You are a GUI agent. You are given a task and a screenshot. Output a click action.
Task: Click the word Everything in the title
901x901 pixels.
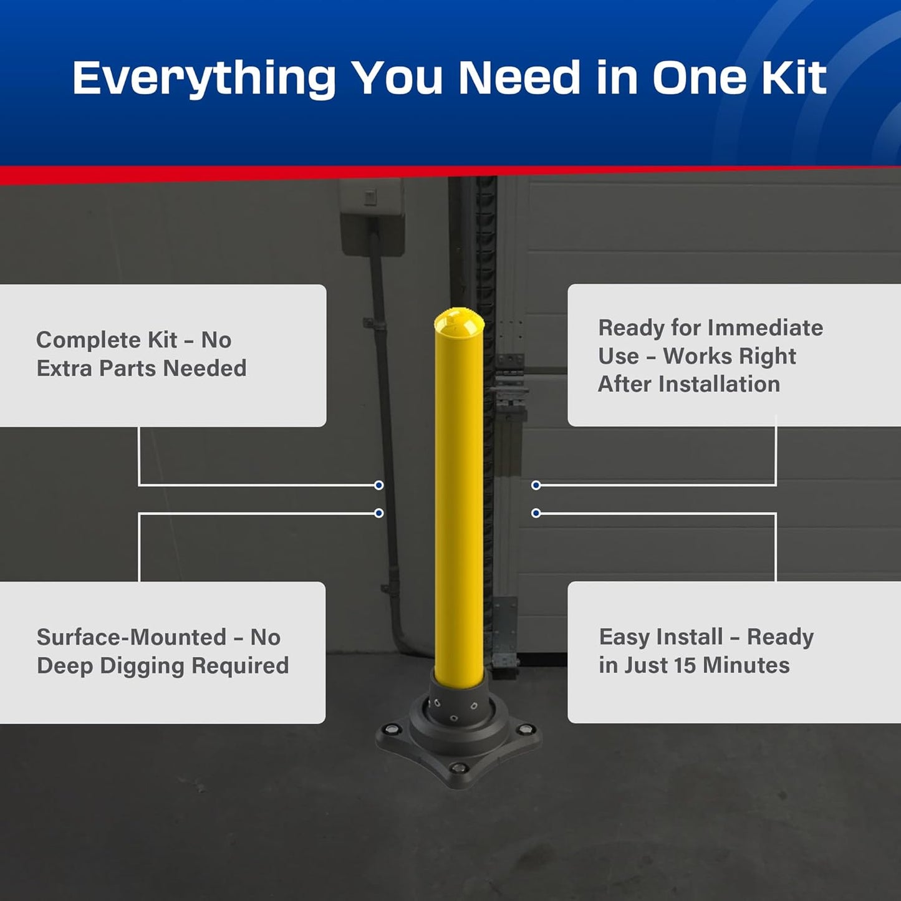pos(204,79)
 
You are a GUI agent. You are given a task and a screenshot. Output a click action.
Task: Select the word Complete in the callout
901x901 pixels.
pos(89,340)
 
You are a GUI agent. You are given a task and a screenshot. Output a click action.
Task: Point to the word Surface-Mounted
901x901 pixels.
pos(131,637)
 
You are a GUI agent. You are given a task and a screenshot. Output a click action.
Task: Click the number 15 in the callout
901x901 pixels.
pos(684,665)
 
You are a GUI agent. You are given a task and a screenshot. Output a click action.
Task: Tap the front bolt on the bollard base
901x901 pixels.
pos(458,768)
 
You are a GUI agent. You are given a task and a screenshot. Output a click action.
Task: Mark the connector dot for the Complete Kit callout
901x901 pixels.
pos(378,485)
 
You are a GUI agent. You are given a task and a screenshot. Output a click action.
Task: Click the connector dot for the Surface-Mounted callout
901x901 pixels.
pos(378,513)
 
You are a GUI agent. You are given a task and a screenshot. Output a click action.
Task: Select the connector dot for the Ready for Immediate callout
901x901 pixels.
pos(536,485)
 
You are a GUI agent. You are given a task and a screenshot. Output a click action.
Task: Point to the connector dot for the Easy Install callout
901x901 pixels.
pos(536,513)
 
